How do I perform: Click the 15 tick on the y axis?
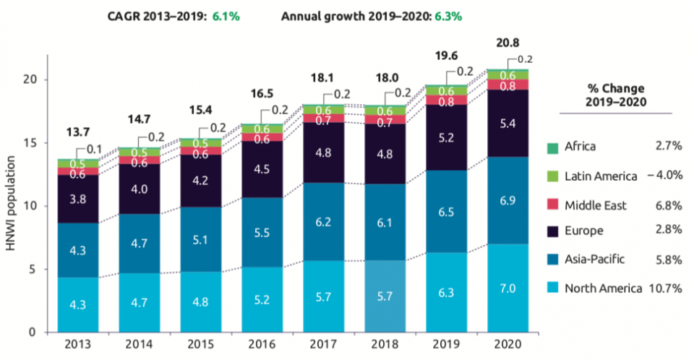(31, 143)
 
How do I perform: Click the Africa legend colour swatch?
(552, 147)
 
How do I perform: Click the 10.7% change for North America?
(663, 288)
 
